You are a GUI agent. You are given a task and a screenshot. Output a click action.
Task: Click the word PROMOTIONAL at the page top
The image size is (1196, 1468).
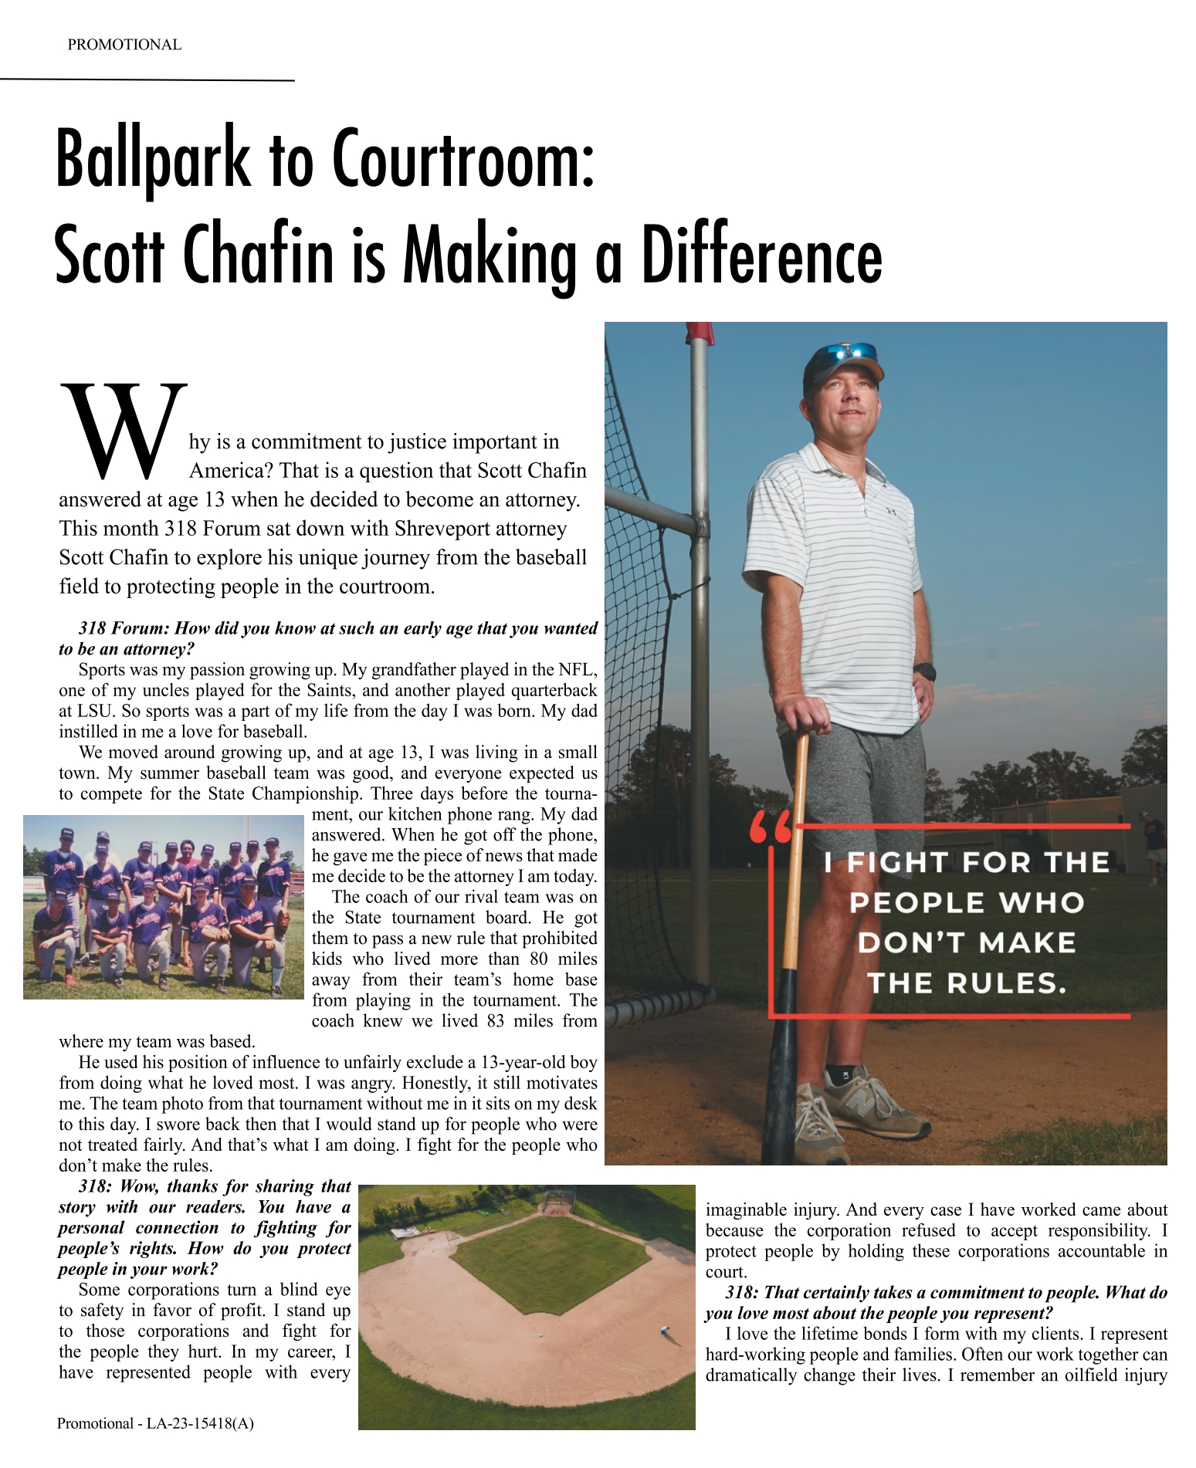click(x=124, y=45)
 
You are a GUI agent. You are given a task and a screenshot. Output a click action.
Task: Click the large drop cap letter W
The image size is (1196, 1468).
click(x=124, y=429)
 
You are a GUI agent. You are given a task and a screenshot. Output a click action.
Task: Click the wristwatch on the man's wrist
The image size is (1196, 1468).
click(x=924, y=672)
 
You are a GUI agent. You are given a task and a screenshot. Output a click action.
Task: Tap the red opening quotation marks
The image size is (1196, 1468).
click(x=770, y=828)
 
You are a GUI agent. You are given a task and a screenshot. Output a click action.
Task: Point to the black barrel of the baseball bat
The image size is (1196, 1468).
click(x=784, y=1027)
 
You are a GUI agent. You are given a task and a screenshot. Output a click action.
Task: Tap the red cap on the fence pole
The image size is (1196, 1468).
click(x=700, y=333)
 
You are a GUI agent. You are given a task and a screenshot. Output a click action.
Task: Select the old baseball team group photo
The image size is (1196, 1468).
click(x=164, y=907)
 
